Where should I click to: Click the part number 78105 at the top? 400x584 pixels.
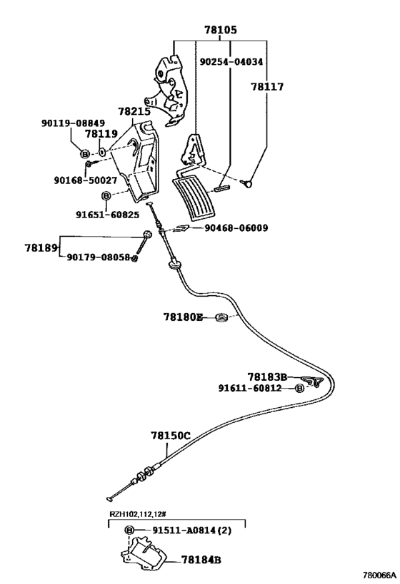click(x=220, y=30)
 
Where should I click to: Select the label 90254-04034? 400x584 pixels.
click(x=231, y=62)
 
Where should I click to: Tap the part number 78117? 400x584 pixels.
click(x=267, y=87)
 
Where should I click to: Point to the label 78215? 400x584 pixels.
click(x=134, y=111)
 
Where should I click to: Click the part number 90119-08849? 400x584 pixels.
click(x=73, y=123)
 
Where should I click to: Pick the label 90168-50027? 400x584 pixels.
click(x=86, y=180)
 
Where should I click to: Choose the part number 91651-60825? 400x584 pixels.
click(x=107, y=215)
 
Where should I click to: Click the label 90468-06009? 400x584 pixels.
click(x=236, y=227)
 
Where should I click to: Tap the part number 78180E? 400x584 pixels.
click(x=183, y=317)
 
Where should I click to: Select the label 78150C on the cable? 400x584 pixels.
click(x=171, y=436)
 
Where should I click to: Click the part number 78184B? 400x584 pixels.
click(x=201, y=560)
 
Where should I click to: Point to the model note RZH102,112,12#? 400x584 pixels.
click(x=137, y=514)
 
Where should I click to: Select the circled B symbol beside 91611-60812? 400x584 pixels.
click(x=299, y=389)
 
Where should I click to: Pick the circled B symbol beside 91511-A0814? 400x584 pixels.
click(x=129, y=530)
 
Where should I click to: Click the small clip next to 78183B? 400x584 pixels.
click(x=312, y=381)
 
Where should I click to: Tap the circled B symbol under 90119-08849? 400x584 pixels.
click(x=85, y=153)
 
